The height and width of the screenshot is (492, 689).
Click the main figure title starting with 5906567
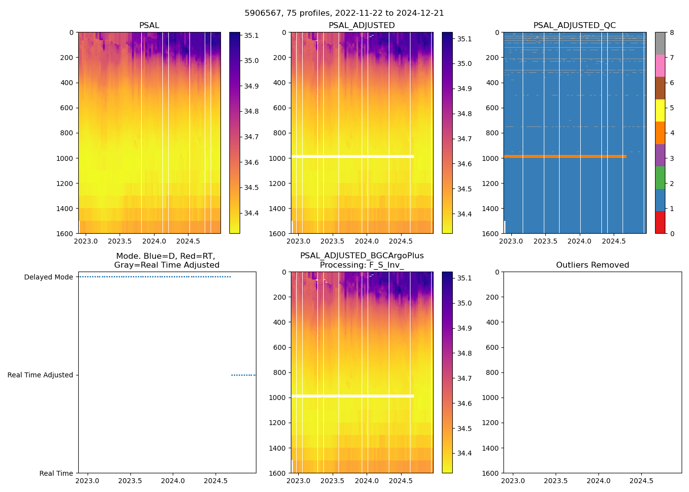point(344,13)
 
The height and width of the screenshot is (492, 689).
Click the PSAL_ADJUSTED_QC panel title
point(574,26)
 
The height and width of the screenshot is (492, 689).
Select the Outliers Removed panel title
point(592,265)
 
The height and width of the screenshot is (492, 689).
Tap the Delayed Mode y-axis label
point(48,277)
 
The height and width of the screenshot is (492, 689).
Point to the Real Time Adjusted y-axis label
point(40,375)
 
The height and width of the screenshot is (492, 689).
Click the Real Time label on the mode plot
point(56,473)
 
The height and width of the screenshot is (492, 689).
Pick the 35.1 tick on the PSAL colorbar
point(251,35)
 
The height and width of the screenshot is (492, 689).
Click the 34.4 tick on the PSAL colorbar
point(251,213)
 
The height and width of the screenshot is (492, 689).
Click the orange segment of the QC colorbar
point(660,133)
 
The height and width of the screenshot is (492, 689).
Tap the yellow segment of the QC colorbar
point(660,110)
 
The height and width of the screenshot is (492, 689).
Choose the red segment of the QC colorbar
point(660,222)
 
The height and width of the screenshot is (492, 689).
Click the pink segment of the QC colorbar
point(660,65)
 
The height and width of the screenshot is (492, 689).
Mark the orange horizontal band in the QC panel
point(564,156)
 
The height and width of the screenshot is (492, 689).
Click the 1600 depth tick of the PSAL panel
point(64,234)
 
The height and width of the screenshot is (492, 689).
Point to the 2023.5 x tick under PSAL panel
point(120,241)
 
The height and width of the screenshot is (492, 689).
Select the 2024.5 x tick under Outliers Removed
point(642,481)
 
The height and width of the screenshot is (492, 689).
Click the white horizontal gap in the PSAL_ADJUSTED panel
point(352,156)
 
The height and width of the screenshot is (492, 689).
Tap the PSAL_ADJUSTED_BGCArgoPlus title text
point(362,256)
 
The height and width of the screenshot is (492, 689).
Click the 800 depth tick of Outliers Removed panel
point(492,372)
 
